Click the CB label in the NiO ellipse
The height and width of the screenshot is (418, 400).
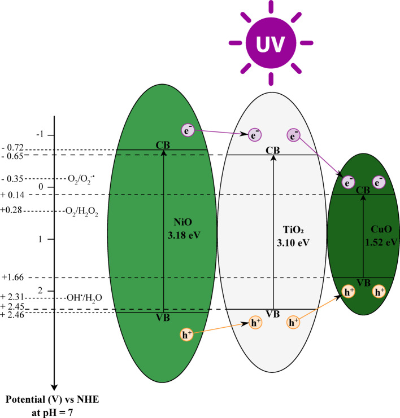pyautogui.click(x=163, y=146)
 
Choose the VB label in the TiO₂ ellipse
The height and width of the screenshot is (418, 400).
pyautogui.click(x=273, y=314)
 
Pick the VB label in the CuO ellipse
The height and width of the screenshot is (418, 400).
pyautogui.click(x=364, y=282)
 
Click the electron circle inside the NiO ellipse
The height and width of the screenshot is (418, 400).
pyautogui.click(x=189, y=130)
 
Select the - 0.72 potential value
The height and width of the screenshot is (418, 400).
pyautogui.click(x=12, y=147)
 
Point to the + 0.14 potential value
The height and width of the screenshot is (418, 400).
pyautogui.click(x=12, y=195)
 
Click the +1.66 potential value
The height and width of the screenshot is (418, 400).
pyautogui.click(x=12, y=277)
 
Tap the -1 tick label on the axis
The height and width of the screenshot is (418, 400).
pyautogui.click(x=39, y=135)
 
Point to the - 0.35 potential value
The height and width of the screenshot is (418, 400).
pyautogui.click(x=12, y=179)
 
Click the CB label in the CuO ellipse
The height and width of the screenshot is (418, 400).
pyautogui.click(x=363, y=190)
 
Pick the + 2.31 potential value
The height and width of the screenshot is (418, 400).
pyautogui.click(x=12, y=297)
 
